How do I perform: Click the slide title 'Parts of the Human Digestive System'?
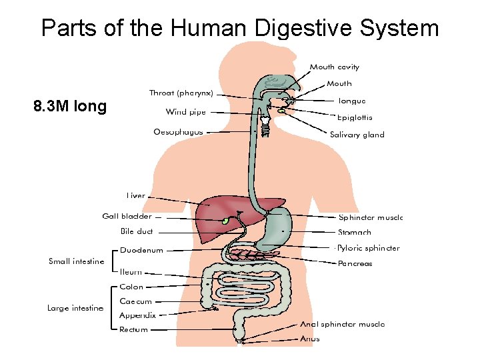[x=240, y=28]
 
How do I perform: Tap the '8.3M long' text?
[x=70, y=106]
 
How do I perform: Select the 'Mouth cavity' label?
[x=334, y=67]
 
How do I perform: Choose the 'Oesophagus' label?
[x=178, y=132]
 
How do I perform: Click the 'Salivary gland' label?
[x=357, y=135]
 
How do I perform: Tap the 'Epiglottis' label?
[x=355, y=118]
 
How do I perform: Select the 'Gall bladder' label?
[x=127, y=216]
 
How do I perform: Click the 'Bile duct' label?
[x=137, y=231]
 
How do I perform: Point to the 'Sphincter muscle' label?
[x=371, y=217]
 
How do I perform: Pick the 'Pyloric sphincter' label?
[x=368, y=248]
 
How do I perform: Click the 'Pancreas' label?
[x=355, y=263]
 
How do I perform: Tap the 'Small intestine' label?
[x=77, y=261]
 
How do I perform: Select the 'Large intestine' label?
[x=75, y=308]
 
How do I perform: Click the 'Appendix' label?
[x=137, y=315]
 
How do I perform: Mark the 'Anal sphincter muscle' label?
[x=342, y=325]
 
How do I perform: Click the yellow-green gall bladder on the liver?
[x=225, y=221]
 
